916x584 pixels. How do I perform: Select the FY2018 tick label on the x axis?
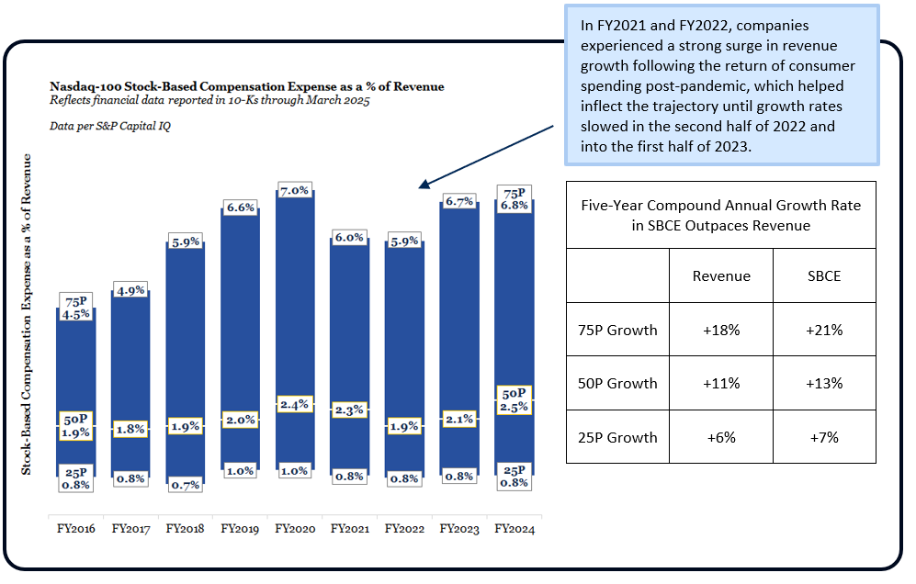[x=185, y=529]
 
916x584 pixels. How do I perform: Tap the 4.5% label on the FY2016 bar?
[x=75, y=314]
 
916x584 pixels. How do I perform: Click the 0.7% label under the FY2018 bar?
[x=186, y=485]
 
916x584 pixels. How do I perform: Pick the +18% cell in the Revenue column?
[x=721, y=330]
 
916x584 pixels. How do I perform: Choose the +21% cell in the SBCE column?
[x=824, y=330]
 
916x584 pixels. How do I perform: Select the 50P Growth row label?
[x=617, y=383]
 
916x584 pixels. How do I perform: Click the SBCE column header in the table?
[x=824, y=275]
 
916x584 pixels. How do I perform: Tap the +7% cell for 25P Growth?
[x=824, y=437]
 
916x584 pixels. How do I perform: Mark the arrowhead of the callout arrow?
[x=423, y=185]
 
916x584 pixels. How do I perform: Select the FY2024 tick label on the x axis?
[x=515, y=529]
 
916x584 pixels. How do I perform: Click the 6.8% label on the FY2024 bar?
[x=515, y=206]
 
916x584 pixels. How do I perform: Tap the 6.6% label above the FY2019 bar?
[x=241, y=208]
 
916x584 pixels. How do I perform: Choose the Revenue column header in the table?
[x=721, y=275]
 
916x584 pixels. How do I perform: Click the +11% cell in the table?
[x=721, y=383]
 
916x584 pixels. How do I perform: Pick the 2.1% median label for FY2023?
[x=459, y=420]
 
